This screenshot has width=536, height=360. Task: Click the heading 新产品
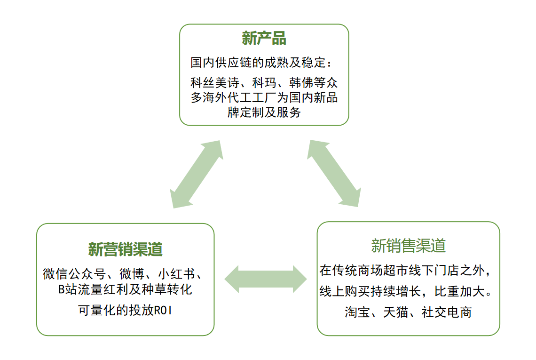[264, 38]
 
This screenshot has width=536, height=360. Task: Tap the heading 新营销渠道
[125, 249]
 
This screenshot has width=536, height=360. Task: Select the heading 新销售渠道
[409, 246]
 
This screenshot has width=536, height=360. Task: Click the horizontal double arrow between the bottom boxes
[266, 279]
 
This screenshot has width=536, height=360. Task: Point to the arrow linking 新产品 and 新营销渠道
[197, 174]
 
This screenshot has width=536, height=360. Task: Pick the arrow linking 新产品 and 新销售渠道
[334, 173]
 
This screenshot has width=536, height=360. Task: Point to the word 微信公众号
[74, 274]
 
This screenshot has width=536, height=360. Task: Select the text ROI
[163, 311]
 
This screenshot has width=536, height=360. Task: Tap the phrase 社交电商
[447, 312]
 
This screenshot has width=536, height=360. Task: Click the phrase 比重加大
[459, 291]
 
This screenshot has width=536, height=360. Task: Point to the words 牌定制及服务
[264, 112]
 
